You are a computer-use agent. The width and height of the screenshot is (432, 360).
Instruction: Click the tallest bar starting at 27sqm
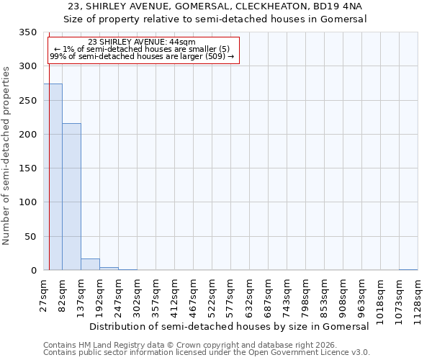pyautogui.click(x=53, y=176)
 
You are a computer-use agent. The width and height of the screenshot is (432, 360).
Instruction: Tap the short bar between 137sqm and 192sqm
pyautogui.click(x=90, y=264)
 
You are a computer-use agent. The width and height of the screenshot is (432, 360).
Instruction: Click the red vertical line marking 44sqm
pyautogui.click(x=49, y=151)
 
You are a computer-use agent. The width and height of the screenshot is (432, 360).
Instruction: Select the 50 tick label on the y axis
pyautogui.click(x=30, y=237)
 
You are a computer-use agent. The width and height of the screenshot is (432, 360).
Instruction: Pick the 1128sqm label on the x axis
pyautogui.click(x=418, y=293)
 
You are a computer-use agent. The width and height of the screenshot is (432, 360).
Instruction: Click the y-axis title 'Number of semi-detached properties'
pyautogui.click(x=6, y=155)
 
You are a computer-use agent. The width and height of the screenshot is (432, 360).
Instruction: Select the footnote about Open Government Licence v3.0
pyautogui.click(x=207, y=353)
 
